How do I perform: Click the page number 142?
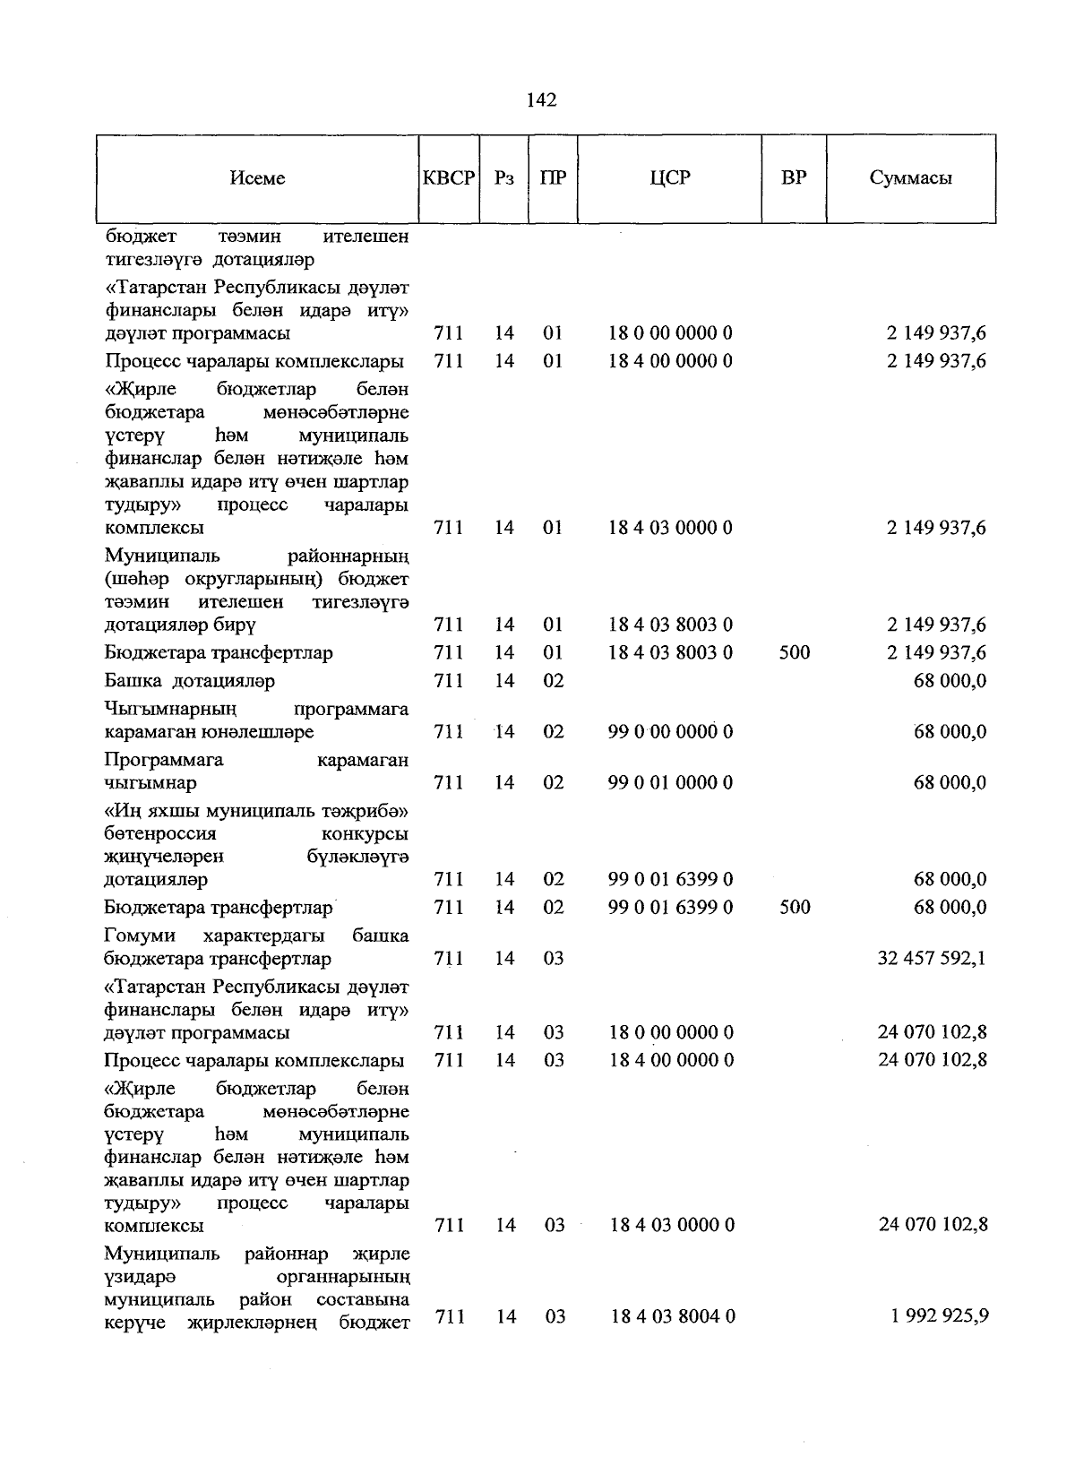[x=541, y=99]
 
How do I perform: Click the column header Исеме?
[x=257, y=177]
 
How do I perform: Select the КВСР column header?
[x=448, y=177]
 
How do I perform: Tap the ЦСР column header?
[x=670, y=177]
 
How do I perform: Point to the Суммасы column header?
[x=910, y=177]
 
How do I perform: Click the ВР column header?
[x=794, y=177]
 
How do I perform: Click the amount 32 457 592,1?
[x=933, y=958]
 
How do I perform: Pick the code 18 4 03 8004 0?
[x=673, y=1316]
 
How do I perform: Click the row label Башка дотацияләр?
[x=189, y=680]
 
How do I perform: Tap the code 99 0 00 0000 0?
[x=670, y=731]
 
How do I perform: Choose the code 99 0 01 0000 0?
[x=670, y=782]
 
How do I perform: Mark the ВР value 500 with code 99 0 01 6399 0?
[x=795, y=907]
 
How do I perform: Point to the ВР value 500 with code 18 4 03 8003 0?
[x=795, y=652]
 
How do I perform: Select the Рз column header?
[x=504, y=177]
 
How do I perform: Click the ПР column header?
[x=553, y=177]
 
